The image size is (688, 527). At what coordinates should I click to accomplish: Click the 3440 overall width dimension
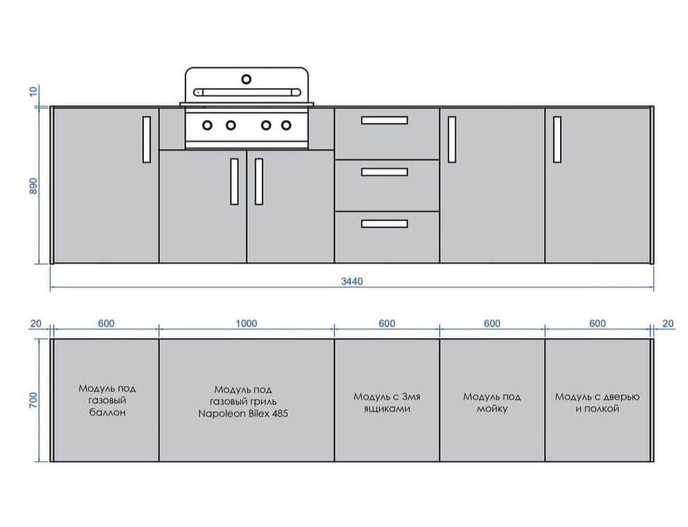352,281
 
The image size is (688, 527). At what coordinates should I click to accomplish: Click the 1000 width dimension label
246,324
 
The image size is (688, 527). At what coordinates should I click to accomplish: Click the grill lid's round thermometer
247,79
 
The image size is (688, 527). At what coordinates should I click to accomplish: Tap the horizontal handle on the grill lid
247,92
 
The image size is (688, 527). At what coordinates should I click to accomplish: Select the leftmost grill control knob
207,126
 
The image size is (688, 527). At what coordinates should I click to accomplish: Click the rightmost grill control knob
286,126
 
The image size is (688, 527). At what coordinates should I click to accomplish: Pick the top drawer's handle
384,120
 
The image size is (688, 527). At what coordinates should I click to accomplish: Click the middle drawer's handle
384,172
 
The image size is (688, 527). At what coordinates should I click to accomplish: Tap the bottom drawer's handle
384,224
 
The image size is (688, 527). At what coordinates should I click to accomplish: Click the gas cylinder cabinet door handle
147,140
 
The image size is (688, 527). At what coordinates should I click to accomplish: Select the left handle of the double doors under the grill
234,181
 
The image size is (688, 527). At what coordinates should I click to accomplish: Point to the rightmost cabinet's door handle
557,140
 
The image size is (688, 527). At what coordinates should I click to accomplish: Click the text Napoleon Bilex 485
243,413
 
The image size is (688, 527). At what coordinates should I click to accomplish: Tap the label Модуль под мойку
492,403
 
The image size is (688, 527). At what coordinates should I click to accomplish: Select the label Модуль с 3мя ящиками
387,403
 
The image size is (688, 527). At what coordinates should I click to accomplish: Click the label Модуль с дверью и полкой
597,403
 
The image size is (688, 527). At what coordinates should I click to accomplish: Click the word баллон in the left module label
108,412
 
